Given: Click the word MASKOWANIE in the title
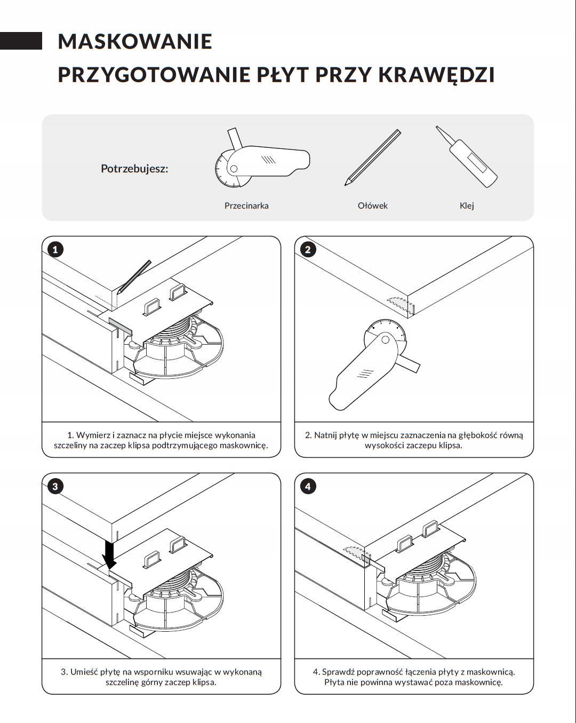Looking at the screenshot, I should pyautogui.click(x=135, y=42).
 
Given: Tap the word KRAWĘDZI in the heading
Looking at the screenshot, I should pyautogui.click(x=436, y=75).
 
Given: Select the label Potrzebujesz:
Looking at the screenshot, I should pyautogui.click(x=134, y=169).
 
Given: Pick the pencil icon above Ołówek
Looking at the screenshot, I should pyautogui.click(x=373, y=157).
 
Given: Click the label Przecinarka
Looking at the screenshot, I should pyautogui.click(x=246, y=206).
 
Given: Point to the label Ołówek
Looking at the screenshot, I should pyautogui.click(x=372, y=206).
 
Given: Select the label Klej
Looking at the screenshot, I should pyautogui.click(x=467, y=206).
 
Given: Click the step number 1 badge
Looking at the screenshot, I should pyautogui.click(x=55, y=249).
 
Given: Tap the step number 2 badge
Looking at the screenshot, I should pyautogui.click(x=308, y=249).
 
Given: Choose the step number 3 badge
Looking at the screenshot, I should pyautogui.click(x=55, y=486).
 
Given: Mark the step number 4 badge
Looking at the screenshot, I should pyautogui.click(x=308, y=486).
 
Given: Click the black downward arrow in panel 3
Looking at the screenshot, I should pyautogui.click(x=109, y=555).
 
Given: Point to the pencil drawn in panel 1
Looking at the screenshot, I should pyautogui.click(x=134, y=277).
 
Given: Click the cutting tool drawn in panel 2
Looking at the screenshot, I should pyautogui.click(x=367, y=369).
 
